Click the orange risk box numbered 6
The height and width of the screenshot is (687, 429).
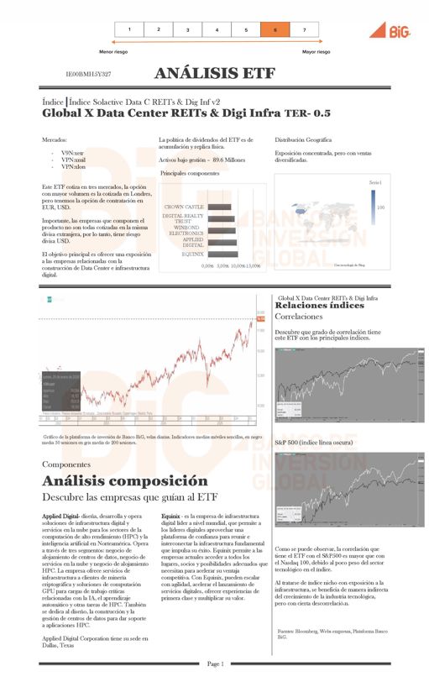(275, 29)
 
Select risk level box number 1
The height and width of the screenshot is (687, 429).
(128, 29)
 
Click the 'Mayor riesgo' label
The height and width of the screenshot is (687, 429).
(316, 51)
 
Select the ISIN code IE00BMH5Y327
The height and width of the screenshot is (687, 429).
(88, 75)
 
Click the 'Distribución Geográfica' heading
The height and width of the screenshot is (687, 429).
(303, 139)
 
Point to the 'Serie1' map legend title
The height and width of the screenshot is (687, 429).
(375, 181)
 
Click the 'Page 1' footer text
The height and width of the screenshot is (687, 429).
(214, 663)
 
